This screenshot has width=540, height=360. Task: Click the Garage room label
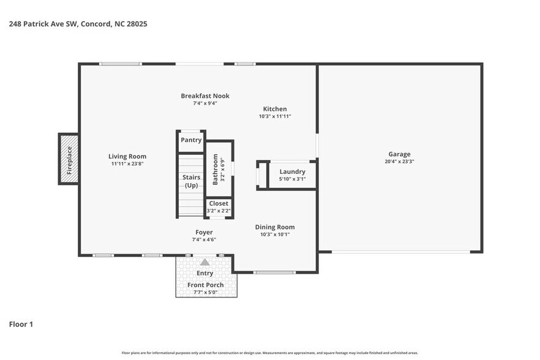[x=399, y=154]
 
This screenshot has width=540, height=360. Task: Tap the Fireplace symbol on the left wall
[x=69, y=159]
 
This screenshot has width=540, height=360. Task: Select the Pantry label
[x=191, y=140]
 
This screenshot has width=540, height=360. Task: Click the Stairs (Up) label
[x=191, y=181]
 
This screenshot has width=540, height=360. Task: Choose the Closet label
[x=219, y=203]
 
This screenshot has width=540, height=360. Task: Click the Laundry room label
[x=292, y=171]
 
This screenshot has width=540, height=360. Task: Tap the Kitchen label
[x=275, y=109]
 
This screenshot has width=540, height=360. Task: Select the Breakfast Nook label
[x=205, y=96]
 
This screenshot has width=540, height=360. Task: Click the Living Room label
[x=127, y=156]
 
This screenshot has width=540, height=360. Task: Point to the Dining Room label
[x=275, y=227]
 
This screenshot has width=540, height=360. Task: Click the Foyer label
[x=204, y=232]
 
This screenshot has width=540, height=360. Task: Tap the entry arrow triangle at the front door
[x=204, y=261]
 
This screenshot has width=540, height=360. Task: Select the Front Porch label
[x=205, y=285]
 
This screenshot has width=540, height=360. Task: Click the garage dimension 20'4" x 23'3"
[x=399, y=162]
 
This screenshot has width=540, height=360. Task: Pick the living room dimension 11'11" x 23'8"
[x=127, y=163]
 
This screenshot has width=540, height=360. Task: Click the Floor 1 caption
[x=21, y=324]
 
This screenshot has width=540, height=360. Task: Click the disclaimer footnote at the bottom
[x=269, y=353]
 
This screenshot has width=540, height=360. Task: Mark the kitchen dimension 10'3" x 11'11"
[x=275, y=116]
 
